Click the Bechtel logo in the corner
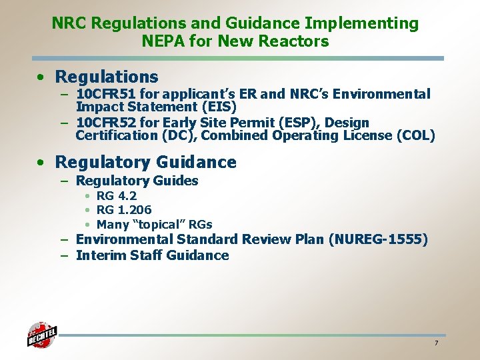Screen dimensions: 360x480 coord(41,335)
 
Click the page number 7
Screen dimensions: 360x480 coord(436,343)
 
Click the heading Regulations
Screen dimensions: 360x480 coord(107,77)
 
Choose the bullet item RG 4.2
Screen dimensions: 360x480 coord(117,196)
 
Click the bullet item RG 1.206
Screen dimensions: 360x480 coord(124,210)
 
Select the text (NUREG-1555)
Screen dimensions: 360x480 coord(379,239)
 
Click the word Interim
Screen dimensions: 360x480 coord(101,255)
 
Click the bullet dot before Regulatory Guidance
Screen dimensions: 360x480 coord(41,163)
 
